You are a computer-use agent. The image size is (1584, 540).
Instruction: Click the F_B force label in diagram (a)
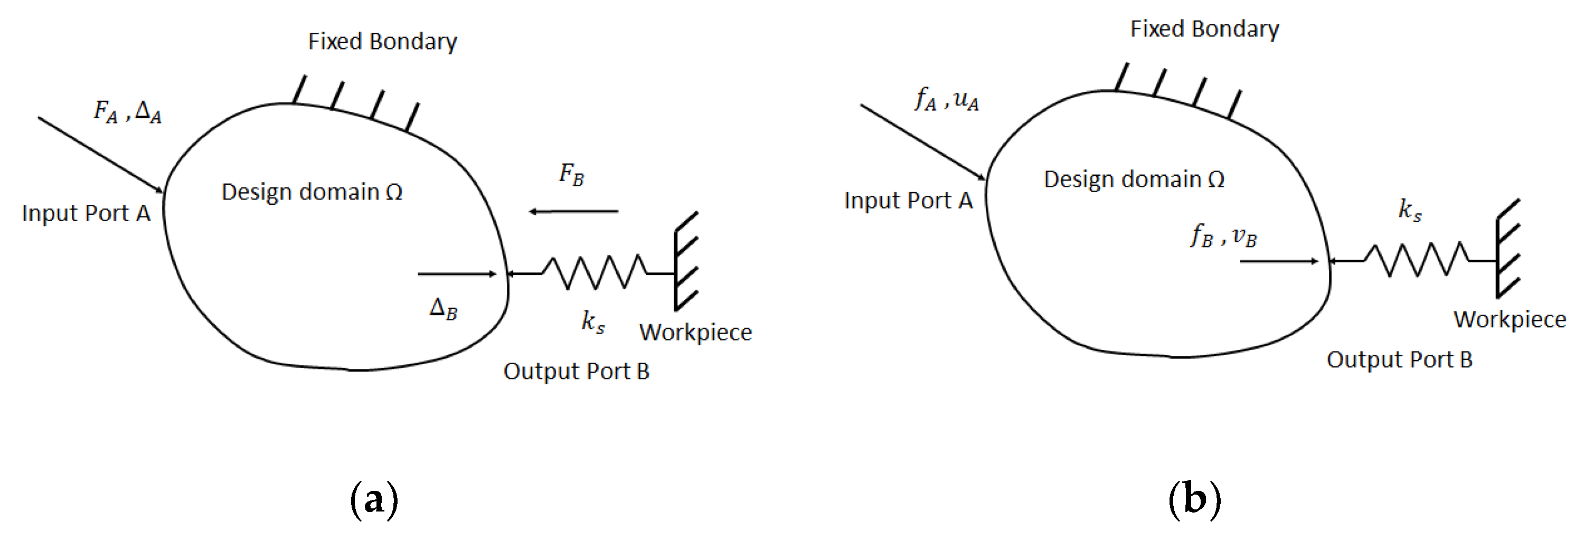[571, 174]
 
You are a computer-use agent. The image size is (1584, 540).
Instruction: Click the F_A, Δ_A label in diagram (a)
[127, 112]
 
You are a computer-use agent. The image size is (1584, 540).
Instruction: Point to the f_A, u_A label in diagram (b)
[947, 99]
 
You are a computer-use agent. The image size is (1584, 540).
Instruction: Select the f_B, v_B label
[1224, 235]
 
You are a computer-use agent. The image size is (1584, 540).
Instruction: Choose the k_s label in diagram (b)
[1410, 210]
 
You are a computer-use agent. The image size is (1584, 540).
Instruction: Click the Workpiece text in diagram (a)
[695, 332]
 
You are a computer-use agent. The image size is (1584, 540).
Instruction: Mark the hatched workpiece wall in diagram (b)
[1508, 249]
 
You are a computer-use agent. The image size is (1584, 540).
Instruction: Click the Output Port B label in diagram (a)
[576, 372]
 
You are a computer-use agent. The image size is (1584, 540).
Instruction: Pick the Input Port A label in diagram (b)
[908, 201]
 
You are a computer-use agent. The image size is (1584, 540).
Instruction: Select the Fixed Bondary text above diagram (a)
[382, 41]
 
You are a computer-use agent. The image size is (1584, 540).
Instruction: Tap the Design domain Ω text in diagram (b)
[1134, 179]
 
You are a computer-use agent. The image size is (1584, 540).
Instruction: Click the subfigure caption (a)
[374, 499]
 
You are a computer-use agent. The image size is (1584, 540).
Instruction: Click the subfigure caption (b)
[1194, 499]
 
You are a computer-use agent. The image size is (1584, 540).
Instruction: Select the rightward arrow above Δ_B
[456, 273]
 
